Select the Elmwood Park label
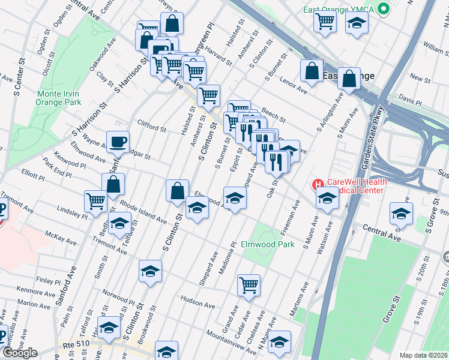point(268,244)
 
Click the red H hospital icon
point(316,184)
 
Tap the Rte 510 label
point(74,346)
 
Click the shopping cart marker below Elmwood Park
point(249,285)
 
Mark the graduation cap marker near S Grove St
point(401,214)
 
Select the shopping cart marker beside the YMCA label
point(325,22)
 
